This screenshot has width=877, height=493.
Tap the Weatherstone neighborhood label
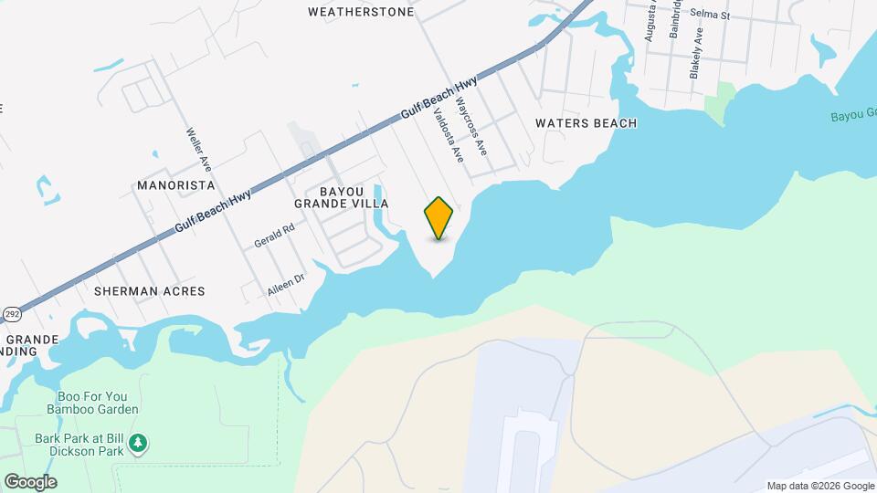[361, 12]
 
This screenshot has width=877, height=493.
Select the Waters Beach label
[586, 123]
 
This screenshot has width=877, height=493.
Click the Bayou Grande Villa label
[342, 196]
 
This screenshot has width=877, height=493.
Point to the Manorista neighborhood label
[175, 184]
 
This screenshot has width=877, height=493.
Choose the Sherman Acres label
[149, 291]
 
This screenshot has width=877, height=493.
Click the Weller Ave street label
[199, 150]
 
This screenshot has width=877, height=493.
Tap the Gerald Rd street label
[275, 236]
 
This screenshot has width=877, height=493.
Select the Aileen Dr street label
[285, 284]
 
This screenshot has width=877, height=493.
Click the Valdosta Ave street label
[449, 136]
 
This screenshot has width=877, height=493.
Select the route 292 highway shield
[11, 314]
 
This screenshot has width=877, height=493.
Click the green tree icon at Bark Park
[138, 444]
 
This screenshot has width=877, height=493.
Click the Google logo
[30, 482]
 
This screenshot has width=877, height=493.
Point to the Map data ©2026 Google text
[819, 486]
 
